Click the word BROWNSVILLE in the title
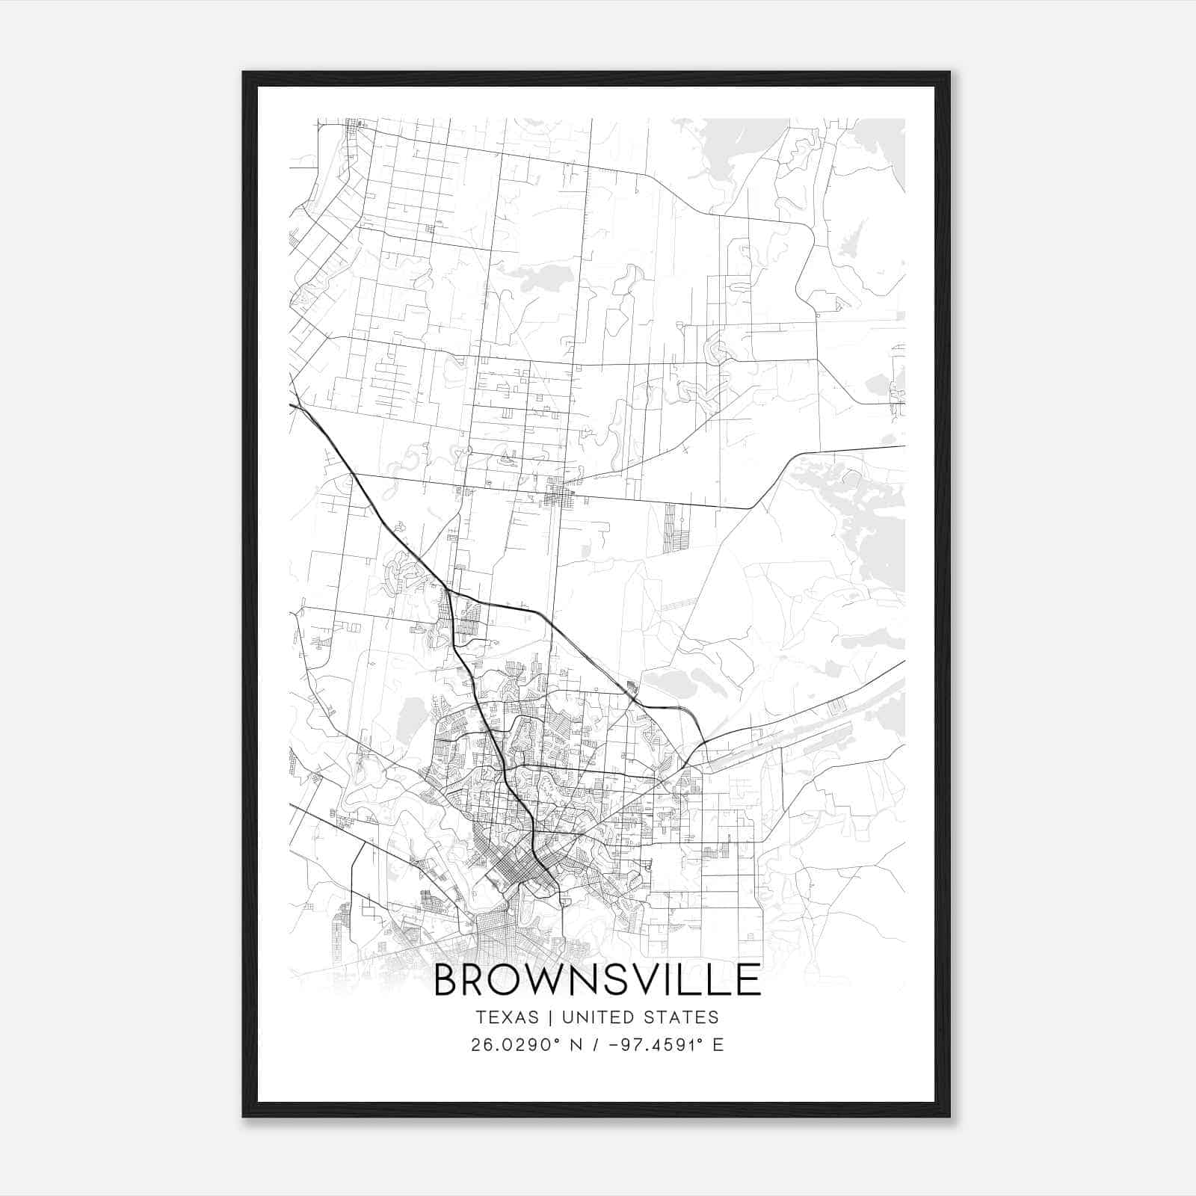coord(597,980)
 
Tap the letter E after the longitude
coord(718,1045)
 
